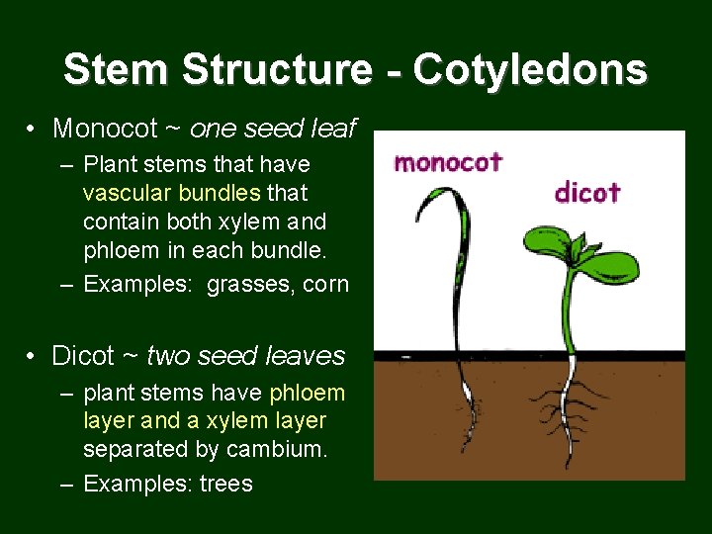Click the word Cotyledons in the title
[x=530, y=69]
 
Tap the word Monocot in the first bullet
[x=105, y=129]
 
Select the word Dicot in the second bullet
[x=83, y=355]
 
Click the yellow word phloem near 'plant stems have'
[x=308, y=393]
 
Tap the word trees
[x=226, y=484]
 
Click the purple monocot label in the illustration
[x=448, y=162]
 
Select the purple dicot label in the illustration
[x=587, y=191]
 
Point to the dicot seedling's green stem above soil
[x=569, y=316]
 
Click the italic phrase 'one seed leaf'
[x=273, y=129]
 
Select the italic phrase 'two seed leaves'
[x=245, y=355]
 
